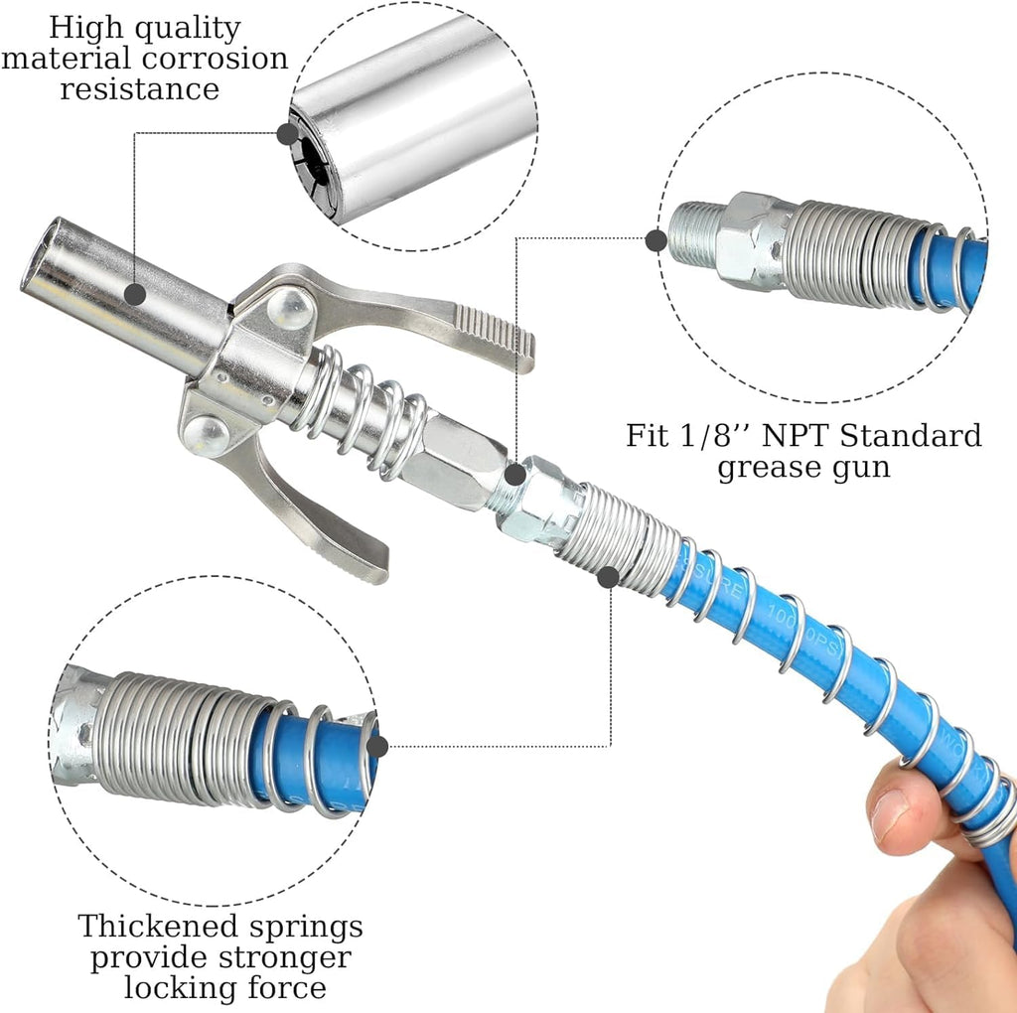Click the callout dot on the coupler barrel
point(135,293)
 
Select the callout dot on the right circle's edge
point(655,239)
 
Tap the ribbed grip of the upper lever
point(494,332)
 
